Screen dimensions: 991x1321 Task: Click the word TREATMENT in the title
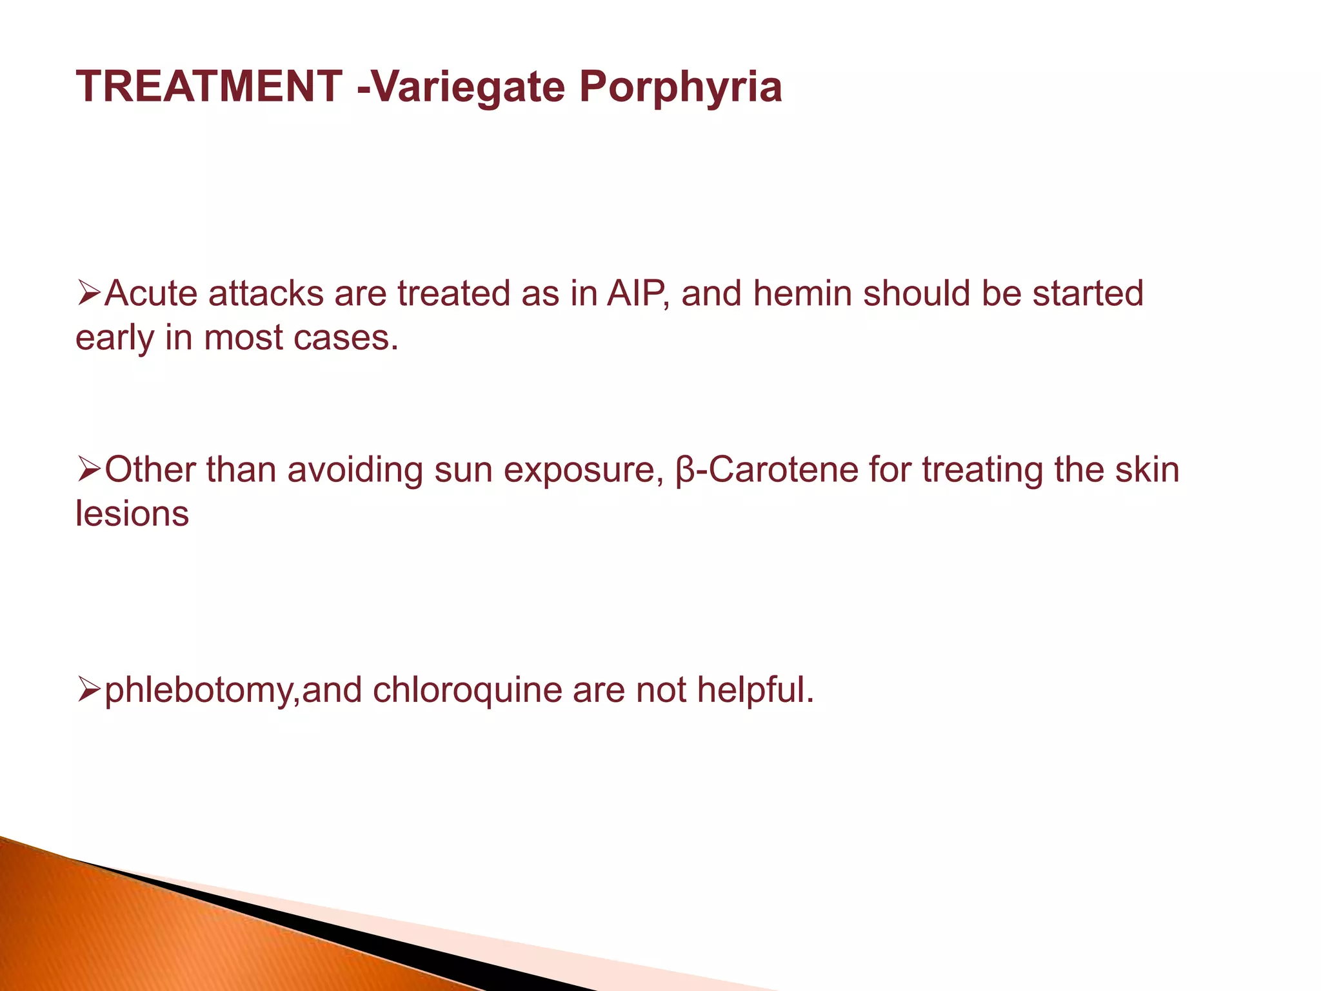pyautogui.click(x=209, y=86)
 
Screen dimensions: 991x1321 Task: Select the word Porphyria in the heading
pyautogui.click(x=680, y=86)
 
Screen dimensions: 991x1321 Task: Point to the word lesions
pyautogui.click(x=132, y=514)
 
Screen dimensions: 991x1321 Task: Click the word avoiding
pyautogui.click(x=355, y=470)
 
